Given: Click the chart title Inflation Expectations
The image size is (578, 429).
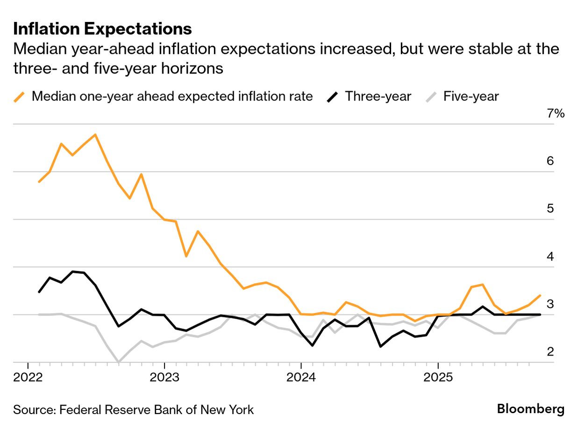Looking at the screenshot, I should tap(102, 29).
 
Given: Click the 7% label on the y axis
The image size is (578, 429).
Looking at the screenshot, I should tap(556, 114).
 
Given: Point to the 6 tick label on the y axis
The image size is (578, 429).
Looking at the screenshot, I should tap(550, 161).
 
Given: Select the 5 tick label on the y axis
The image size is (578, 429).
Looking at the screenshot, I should tap(550, 208).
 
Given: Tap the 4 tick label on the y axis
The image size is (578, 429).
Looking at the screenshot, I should tap(550, 256).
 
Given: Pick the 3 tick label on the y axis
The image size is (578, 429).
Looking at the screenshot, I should tap(550, 304).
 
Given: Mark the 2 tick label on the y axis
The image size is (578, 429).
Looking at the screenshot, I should tap(550, 351).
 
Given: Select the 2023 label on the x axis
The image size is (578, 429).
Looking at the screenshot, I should tap(164, 377).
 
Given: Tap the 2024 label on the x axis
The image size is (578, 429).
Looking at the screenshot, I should tap(301, 377).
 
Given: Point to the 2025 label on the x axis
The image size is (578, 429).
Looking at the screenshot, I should tap(438, 377).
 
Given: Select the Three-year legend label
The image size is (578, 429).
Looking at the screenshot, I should tap(378, 97).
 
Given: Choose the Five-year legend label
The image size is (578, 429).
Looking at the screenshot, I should tap(471, 97).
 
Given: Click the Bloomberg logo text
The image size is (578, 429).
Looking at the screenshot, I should tap(530, 409).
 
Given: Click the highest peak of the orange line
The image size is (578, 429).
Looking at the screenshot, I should tap(95, 135).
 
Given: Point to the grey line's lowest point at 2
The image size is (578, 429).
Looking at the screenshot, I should tap(119, 362).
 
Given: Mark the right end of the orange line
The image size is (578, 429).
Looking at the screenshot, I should tap(540, 295).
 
